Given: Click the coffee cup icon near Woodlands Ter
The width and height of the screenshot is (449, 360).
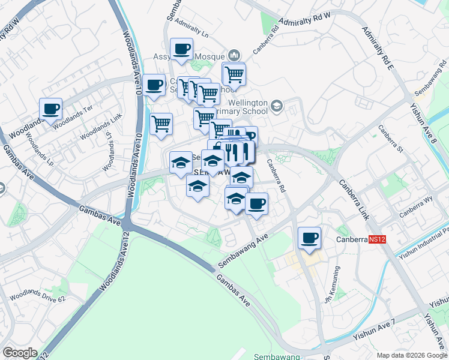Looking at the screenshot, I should [51, 109].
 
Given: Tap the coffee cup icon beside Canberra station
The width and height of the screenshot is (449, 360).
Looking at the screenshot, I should [309, 238].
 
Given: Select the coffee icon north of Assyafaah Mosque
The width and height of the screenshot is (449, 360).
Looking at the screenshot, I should [181, 49].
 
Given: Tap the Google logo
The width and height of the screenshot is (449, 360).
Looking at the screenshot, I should [20, 353].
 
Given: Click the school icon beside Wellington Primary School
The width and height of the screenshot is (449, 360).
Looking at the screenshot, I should [276, 107].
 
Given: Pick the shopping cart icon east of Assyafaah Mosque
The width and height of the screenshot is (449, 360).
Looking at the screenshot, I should [234, 74].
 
